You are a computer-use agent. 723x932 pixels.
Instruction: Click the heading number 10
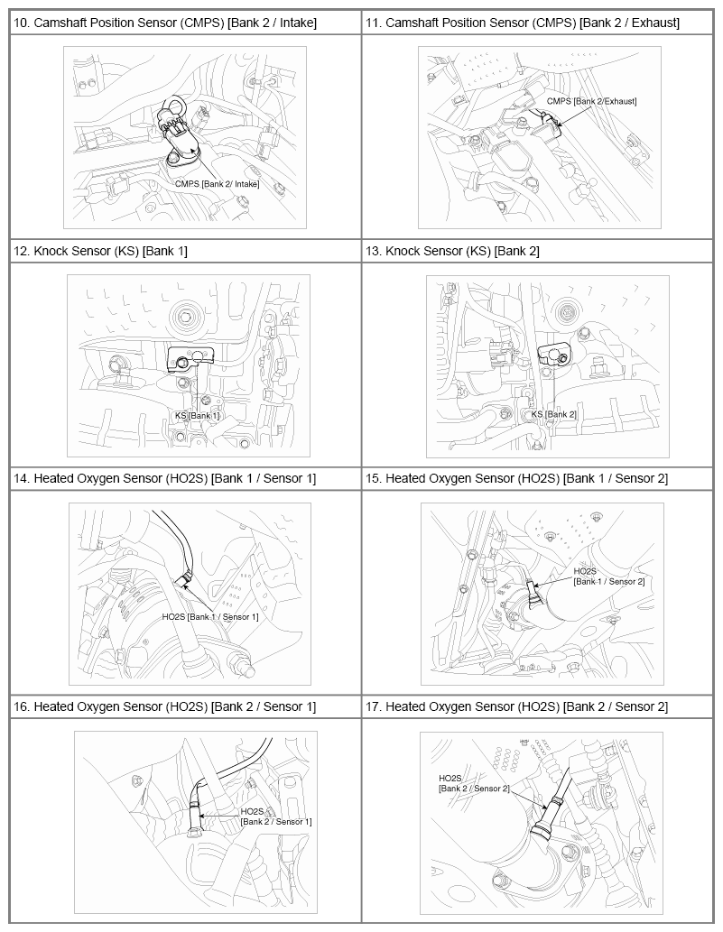point(21,23)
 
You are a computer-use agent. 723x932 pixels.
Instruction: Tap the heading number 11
point(373,23)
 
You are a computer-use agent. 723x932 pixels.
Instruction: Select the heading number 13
point(373,252)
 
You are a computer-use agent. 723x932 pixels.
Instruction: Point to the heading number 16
point(21,706)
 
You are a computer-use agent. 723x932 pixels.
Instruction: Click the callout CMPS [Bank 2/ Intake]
point(217,184)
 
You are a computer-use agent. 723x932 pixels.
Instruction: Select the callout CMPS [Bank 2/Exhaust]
point(591,101)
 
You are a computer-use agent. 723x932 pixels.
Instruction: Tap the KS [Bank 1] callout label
point(197,416)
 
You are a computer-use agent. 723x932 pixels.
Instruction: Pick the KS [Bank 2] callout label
point(553,414)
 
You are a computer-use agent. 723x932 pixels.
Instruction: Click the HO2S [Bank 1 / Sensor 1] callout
point(210,617)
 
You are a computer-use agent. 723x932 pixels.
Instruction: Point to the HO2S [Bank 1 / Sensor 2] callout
point(609,577)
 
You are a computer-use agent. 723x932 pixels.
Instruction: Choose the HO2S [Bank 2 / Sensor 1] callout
point(276,817)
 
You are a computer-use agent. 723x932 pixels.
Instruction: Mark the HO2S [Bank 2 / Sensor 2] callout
point(474,783)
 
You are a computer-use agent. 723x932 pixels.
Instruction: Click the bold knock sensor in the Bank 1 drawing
point(190,360)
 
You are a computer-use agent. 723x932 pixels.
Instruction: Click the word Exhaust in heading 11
point(655,23)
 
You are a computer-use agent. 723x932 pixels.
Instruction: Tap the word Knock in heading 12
point(51,252)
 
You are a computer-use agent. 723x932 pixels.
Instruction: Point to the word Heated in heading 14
point(52,478)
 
